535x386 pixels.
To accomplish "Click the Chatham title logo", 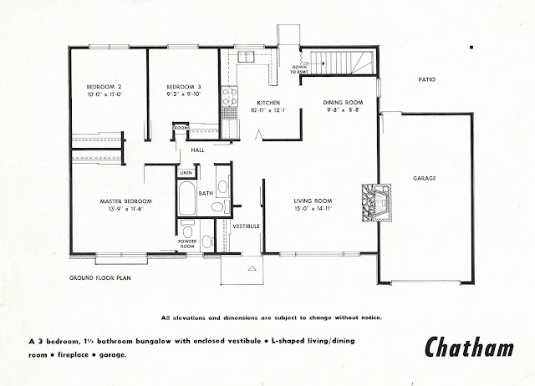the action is (x=469, y=347).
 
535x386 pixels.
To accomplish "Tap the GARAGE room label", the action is (x=425, y=178).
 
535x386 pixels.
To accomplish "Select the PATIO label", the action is (x=427, y=79).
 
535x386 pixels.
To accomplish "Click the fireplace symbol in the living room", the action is (x=377, y=203).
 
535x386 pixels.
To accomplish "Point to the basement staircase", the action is (x=342, y=63).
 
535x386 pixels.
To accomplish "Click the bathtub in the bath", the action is (x=186, y=198).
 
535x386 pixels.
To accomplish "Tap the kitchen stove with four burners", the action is (x=229, y=96).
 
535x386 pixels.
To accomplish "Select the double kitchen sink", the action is (x=246, y=57).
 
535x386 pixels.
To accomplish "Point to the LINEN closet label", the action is (x=186, y=173).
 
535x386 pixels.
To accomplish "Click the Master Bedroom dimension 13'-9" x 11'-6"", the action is (x=126, y=209).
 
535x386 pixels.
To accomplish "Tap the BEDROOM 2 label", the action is (x=104, y=87).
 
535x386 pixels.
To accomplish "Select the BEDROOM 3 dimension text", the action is (x=184, y=94).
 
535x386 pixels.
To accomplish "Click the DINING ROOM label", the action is (x=343, y=102).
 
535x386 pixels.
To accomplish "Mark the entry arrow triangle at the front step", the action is (x=252, y=268).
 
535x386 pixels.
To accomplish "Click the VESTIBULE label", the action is (x=246, y=226).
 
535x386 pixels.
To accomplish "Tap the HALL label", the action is (x=197, y=150).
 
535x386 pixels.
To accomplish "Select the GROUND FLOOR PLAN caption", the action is (x=100, y=278).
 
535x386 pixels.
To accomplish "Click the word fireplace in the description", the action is (x=74, y=355).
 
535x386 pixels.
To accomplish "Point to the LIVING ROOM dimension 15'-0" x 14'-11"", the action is (x=313, y=209).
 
